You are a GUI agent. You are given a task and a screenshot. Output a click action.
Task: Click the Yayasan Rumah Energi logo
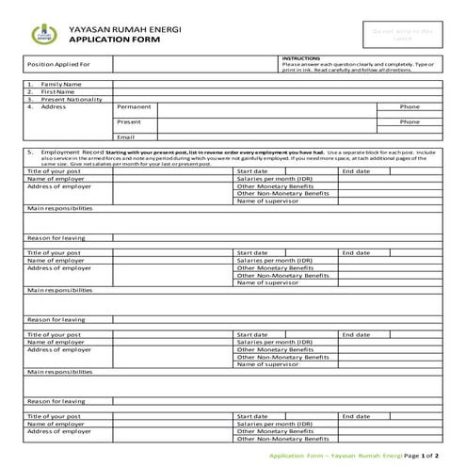(40, 35)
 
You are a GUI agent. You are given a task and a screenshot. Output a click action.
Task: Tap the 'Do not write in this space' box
(402, 35)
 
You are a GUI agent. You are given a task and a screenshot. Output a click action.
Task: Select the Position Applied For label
(58, 65)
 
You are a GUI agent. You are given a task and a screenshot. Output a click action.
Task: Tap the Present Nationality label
(71, 99)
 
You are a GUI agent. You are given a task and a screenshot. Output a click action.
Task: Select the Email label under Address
(125, 137)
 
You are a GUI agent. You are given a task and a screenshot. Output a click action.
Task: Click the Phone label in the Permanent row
(410, 107)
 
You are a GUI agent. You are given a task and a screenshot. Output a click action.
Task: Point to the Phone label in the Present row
(410, 122)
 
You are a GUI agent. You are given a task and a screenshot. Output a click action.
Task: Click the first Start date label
(253, 171)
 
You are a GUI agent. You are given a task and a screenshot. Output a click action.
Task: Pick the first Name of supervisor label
(267, 201)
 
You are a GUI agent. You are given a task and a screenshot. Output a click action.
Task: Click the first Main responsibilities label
(60, 208)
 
